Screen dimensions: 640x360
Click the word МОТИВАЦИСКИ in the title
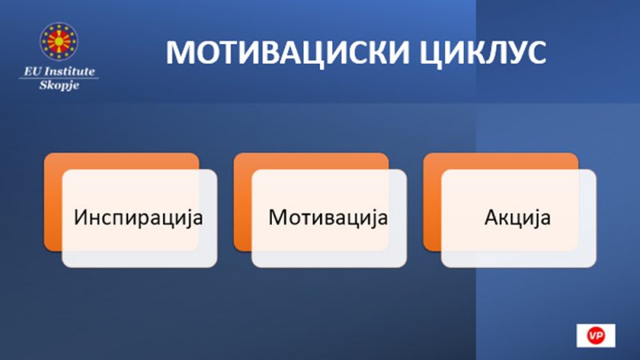(x=287, y=53)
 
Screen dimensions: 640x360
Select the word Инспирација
(x=138, y=218)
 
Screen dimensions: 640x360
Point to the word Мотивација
(x=328, y=218)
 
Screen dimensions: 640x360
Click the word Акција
(x=518, y=218)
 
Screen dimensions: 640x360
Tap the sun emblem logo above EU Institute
(x=58, y=42)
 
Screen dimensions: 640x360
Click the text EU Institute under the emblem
(x=59, y=71)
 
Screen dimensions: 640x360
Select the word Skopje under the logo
(x=59, y=85)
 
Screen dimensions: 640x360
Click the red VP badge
(x=595, y=335)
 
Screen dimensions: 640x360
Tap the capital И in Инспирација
(x=82, y=217)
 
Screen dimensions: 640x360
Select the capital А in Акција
(x=492, y=217)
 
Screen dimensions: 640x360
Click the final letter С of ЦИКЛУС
(x=535, y=53)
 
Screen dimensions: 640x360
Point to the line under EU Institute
(x=59, y=78)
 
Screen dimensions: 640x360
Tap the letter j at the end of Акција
(x=534, y=219)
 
